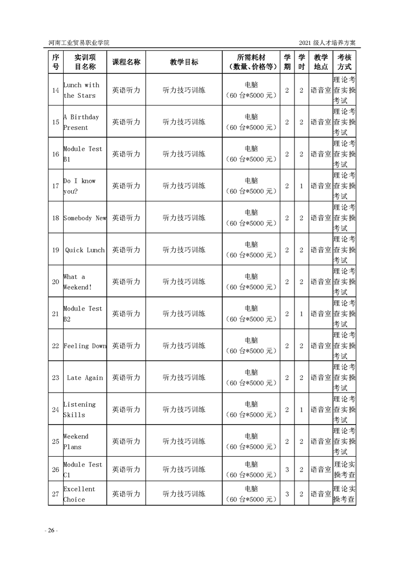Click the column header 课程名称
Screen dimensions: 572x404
coord(126,62)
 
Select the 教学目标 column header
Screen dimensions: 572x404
coord(184,62)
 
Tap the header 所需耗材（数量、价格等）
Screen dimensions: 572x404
coord(251,62)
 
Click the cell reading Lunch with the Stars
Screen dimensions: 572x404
coord(82,90)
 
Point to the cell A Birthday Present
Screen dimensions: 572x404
coord(82,122)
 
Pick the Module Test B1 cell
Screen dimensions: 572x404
coord(83,154)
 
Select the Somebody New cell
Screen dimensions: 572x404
coord(85,218)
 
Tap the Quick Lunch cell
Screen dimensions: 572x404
coord(85,250)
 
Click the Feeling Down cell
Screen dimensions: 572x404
coord(85,346)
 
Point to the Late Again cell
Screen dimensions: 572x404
coord(85,378)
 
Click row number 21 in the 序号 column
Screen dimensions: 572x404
coord(56,314)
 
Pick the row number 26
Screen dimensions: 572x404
coord(56,470)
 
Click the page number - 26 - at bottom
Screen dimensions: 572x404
coord(51,531)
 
